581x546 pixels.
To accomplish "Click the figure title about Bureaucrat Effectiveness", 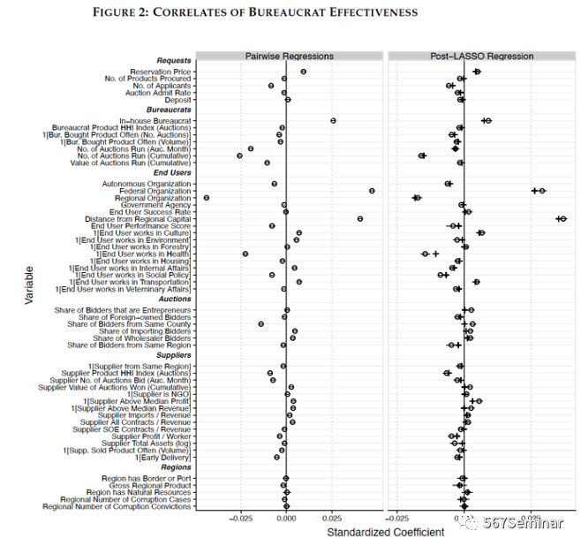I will (x=254, y=12).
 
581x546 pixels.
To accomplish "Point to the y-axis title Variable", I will (x=29, y=286).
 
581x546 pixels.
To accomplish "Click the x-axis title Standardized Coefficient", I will (x=373, y=532).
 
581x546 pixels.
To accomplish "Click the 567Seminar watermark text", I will (x=523, y=522).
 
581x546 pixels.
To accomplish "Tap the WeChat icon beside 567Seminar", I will (x=473, y=522).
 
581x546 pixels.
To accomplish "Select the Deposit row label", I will (x=177, y=100).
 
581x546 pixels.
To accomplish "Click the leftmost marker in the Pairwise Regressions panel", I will (x=207, y=198).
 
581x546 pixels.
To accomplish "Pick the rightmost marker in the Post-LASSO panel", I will (x=562, y=218).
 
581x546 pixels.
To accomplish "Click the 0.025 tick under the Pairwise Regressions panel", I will (x=332, y=518).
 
